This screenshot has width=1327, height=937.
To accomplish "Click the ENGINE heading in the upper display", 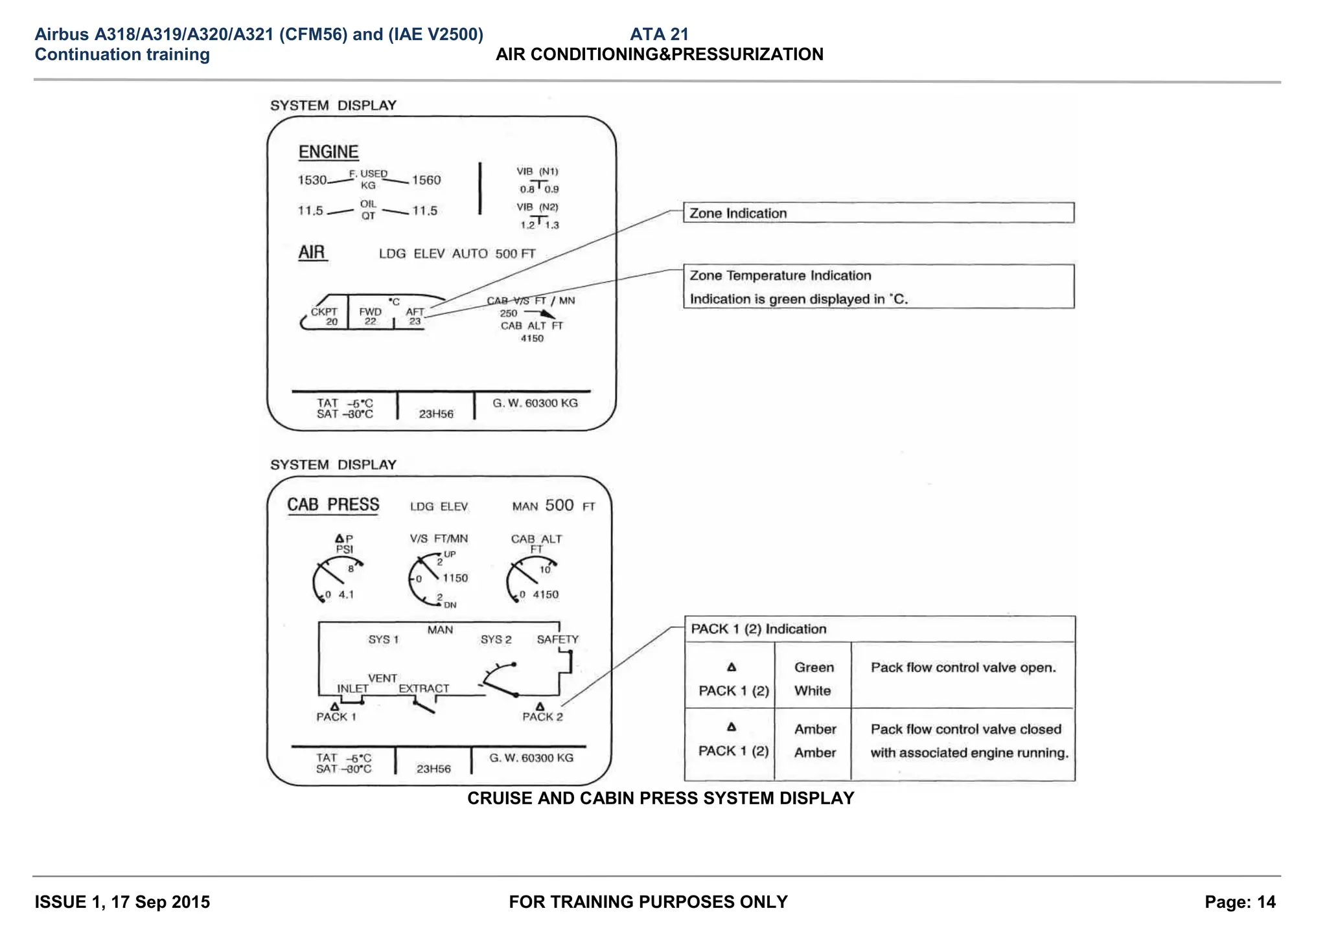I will click(x=328, y=152).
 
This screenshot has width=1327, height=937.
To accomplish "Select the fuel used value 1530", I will click(x=312, y=180).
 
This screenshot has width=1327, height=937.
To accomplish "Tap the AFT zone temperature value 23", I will click(x=415, y=321).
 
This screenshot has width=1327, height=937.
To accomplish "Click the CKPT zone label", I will click(x=323, y=311).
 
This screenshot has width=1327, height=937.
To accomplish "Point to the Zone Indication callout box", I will click(x=878, y=213).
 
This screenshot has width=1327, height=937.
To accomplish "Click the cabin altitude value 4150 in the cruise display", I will click(x=531, y=338).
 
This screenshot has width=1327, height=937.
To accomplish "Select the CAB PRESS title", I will click(x=333, y=504).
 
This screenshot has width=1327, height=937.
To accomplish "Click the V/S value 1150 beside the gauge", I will click(x=455, y=578).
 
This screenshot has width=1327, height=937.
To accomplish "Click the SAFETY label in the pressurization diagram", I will click(x=557, y=639).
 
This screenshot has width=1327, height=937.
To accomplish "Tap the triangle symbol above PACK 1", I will click(x=334, y=706).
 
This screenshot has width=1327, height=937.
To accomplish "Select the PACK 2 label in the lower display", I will click(x=542, y=717).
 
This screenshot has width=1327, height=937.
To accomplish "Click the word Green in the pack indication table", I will click(x=814, y=667).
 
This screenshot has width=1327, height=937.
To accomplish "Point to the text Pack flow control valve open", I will click(x=963, y=667).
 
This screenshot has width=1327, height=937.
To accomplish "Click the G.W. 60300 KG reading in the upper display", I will click(x=535, y=403).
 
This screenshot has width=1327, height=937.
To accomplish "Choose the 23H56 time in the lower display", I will click(x=433, y=769).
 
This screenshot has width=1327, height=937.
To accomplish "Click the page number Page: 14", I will click(x=1240, y=901).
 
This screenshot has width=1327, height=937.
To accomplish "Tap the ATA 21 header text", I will click(x=659, y=34).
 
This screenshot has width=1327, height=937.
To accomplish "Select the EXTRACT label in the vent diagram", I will click(x=424, y=688).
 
